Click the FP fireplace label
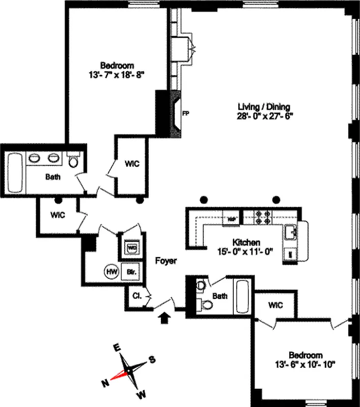click(186, 113)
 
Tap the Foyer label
click(166, 261)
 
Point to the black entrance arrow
click(164, 318)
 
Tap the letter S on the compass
click(152, 360)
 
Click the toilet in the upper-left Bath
click(73, 160)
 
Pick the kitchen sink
click(292, 232)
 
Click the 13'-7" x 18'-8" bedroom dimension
click(117, 74)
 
